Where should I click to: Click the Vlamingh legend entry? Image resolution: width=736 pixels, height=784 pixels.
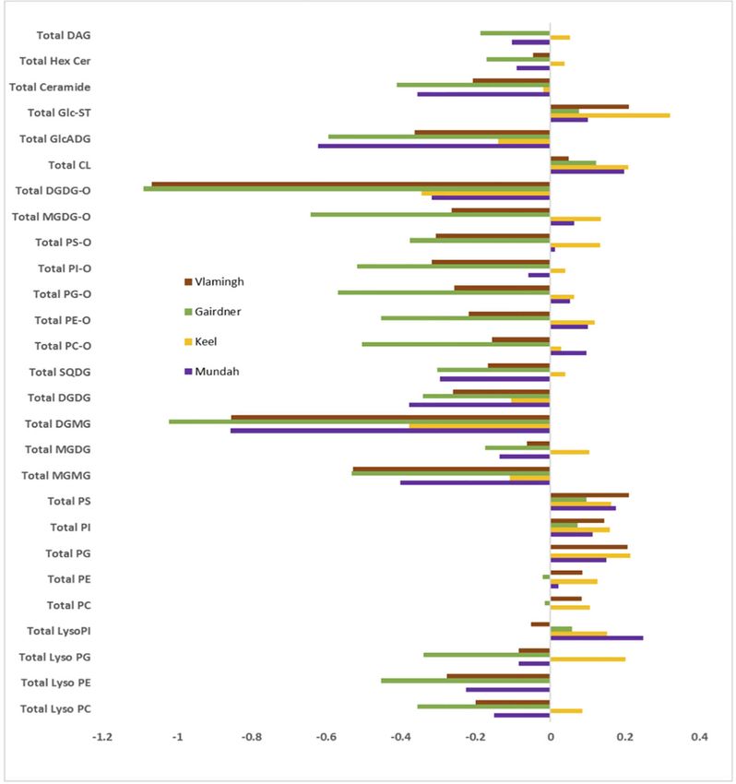point(214,281)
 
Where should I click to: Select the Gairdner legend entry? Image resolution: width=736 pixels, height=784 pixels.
point(212,312)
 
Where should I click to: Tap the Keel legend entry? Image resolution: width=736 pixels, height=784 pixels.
point(200,341)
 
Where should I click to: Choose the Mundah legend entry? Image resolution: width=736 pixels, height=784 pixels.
point(211,372)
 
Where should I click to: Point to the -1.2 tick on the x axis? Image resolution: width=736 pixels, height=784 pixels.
point(102,737)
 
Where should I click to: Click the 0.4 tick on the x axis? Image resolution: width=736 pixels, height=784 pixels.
point(699,737)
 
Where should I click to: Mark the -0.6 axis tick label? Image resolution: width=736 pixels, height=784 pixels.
point(326,737)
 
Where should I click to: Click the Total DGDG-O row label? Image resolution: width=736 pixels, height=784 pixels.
point(53,191)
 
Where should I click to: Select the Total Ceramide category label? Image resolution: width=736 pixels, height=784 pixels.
point(50,87)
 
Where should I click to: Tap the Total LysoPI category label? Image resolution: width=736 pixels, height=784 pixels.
point(59,631)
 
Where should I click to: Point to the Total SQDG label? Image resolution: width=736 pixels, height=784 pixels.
point(60,372)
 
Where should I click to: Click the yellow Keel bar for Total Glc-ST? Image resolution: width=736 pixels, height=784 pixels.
point(610,115)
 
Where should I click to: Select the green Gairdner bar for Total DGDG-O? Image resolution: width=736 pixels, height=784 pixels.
point(347,189)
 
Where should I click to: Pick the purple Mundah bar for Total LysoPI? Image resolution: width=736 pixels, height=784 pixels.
point(597,638)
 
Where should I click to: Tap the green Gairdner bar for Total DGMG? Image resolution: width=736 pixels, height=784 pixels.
point(360,422)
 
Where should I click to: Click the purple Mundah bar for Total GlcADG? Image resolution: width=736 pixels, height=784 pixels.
point(434,146)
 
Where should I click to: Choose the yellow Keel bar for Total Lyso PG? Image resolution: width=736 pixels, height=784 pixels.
point(588,659)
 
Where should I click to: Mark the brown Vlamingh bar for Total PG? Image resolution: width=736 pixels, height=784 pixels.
point(589,547)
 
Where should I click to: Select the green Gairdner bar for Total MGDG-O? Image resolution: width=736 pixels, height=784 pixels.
point(430,215)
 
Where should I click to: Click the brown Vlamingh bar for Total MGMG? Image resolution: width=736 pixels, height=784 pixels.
point(452,469)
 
